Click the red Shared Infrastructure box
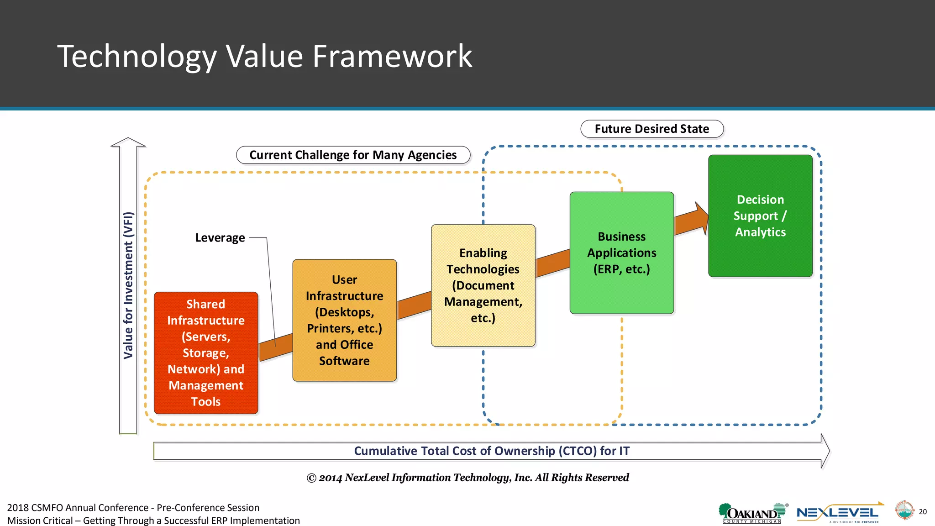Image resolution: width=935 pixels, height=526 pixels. click(206, 353)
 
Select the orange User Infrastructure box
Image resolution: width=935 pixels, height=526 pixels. click(344, 320)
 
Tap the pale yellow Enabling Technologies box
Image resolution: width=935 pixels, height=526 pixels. click(483, 285)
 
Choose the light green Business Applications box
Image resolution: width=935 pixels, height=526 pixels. click(621, 252)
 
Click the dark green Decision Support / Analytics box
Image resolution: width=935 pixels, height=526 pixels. click(760, 216)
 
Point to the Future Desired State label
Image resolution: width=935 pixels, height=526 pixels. click(651, 129)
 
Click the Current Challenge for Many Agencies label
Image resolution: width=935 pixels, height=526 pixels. click(353, 155)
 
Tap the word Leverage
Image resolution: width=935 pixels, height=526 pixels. click(220, 238)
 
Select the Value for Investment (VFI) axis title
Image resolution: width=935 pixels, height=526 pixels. click(128, 285)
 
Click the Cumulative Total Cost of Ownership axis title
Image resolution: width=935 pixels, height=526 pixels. click(492, 451)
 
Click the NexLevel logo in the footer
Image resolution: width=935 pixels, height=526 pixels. click(838, 514)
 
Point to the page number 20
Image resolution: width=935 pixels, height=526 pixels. click(923, 511)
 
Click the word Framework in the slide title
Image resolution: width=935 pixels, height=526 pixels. click(392, 57)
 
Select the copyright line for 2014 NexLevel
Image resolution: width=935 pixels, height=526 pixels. click(467, 478)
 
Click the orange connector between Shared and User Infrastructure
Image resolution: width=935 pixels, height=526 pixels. click(276, 347)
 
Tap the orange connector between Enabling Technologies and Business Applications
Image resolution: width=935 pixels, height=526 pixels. click(552, 263)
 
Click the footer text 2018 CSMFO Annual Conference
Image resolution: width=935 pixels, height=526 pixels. click(133, 508)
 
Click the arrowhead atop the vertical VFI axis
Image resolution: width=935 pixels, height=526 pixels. click(128, 142)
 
